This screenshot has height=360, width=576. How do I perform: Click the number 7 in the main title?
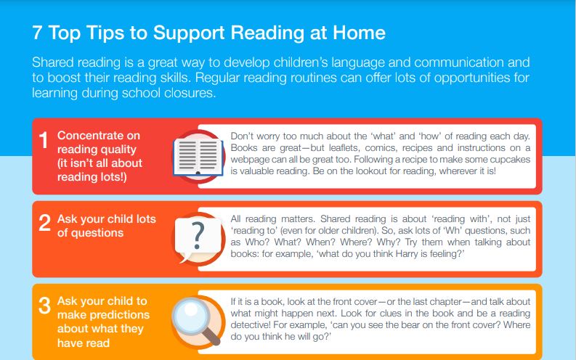coord(37,33)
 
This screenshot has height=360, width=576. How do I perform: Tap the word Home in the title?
coord(360,33)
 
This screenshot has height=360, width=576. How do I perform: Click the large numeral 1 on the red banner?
coord(44,140)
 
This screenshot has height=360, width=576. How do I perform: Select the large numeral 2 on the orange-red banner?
coord(44,222)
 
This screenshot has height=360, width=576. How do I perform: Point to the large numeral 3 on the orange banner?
coord(44,306)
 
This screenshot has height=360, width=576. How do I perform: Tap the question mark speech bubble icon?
coord(198,239)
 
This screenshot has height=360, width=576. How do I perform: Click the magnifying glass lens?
coord(191,315)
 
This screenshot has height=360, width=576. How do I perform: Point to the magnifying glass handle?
coord(211,336)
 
